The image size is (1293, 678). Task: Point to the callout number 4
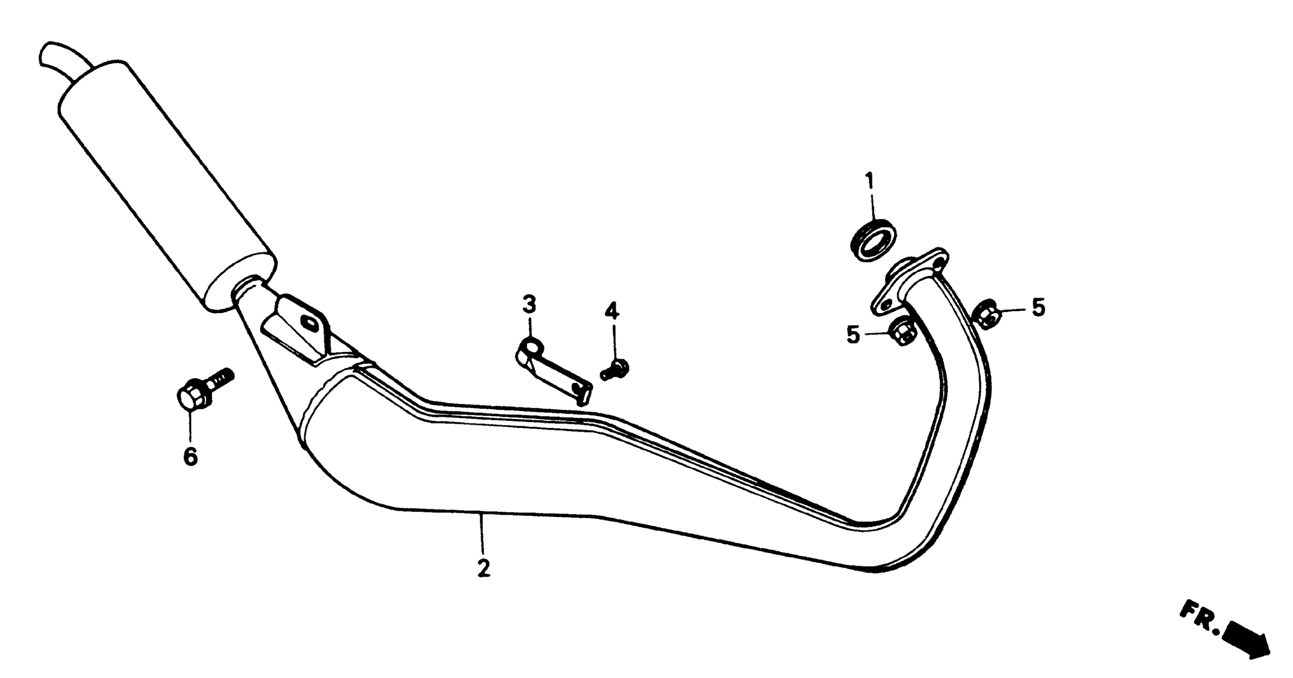611,312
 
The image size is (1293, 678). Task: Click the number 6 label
190,457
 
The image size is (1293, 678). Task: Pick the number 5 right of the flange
1038,307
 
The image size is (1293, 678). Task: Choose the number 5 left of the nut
853,335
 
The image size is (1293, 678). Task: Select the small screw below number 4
615,371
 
